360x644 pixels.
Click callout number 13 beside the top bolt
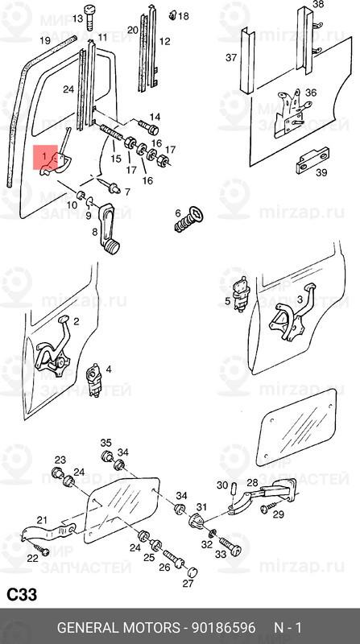coord(77,19)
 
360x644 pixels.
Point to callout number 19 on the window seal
coord(45,40)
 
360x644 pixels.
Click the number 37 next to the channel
coord(231,57)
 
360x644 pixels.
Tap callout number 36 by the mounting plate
coord(311,93)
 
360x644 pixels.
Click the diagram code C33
coord(23,595)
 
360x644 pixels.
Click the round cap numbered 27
coord(192,572)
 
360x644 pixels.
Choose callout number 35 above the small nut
coord(106,443)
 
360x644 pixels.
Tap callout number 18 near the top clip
coord(183,16)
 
